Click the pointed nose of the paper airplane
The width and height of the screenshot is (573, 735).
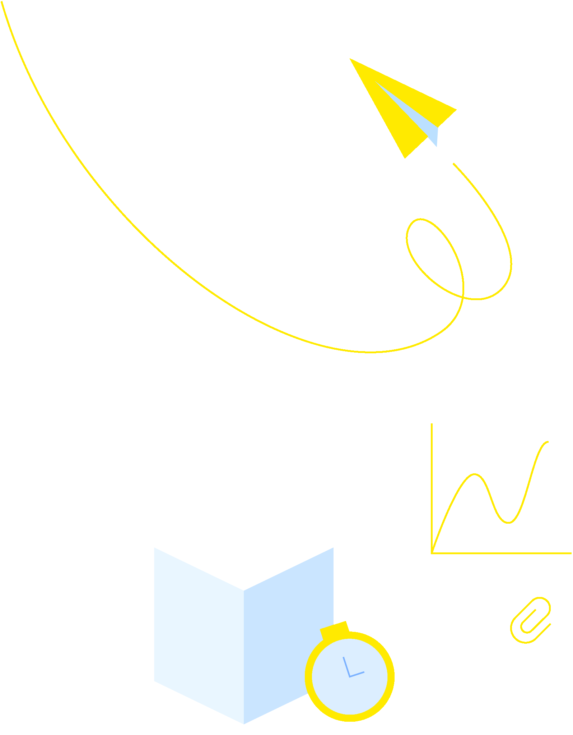351,59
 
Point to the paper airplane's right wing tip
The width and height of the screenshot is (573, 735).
455,110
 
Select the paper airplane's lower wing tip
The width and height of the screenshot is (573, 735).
405,157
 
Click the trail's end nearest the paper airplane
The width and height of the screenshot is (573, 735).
454,164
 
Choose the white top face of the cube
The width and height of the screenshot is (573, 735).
244,546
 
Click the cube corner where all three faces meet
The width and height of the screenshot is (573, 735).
244,590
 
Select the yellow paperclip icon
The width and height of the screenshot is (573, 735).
530,620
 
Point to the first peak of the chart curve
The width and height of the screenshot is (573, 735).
474,474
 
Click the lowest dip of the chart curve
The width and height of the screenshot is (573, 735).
508,522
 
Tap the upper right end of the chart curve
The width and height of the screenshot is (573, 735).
548,442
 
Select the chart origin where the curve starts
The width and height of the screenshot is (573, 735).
433,552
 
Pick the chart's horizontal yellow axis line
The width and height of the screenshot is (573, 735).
503,553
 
